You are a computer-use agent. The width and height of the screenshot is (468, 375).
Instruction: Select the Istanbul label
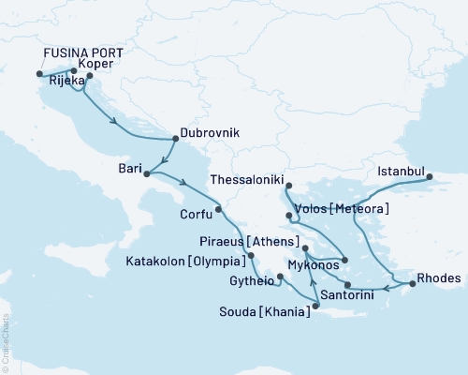[402, 172]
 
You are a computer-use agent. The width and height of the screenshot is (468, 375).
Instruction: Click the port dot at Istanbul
[428, 175]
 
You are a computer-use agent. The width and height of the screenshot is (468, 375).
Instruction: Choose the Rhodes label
[438, 278]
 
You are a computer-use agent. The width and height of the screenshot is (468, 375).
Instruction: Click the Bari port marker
[146, 173]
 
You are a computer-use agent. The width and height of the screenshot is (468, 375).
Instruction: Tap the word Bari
[130, 169]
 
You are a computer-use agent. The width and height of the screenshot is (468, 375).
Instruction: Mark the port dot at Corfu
[218, 209]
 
